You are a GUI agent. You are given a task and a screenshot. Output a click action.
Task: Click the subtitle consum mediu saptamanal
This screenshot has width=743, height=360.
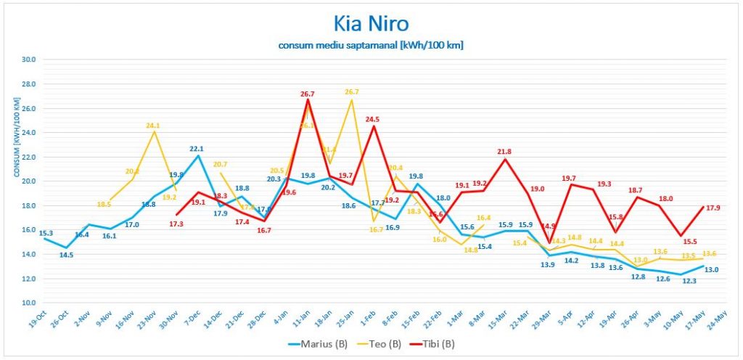tap(371, 45)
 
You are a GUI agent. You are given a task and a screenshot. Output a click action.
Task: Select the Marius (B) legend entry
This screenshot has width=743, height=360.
tap(319, 343)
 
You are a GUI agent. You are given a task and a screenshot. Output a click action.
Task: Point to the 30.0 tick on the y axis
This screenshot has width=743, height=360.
tap(29, 60)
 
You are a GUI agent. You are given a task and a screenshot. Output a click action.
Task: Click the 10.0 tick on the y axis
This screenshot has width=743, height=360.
tap(29, 303)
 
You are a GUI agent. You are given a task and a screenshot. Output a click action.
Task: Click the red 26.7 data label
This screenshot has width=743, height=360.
tap(307, 94)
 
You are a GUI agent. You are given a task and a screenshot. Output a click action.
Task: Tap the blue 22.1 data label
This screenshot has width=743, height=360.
tap(197, 149)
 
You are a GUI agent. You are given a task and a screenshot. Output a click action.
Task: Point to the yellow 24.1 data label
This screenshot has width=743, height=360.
tap(152, 126)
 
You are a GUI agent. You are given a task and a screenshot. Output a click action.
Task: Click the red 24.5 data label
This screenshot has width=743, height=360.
tap(373, 120)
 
